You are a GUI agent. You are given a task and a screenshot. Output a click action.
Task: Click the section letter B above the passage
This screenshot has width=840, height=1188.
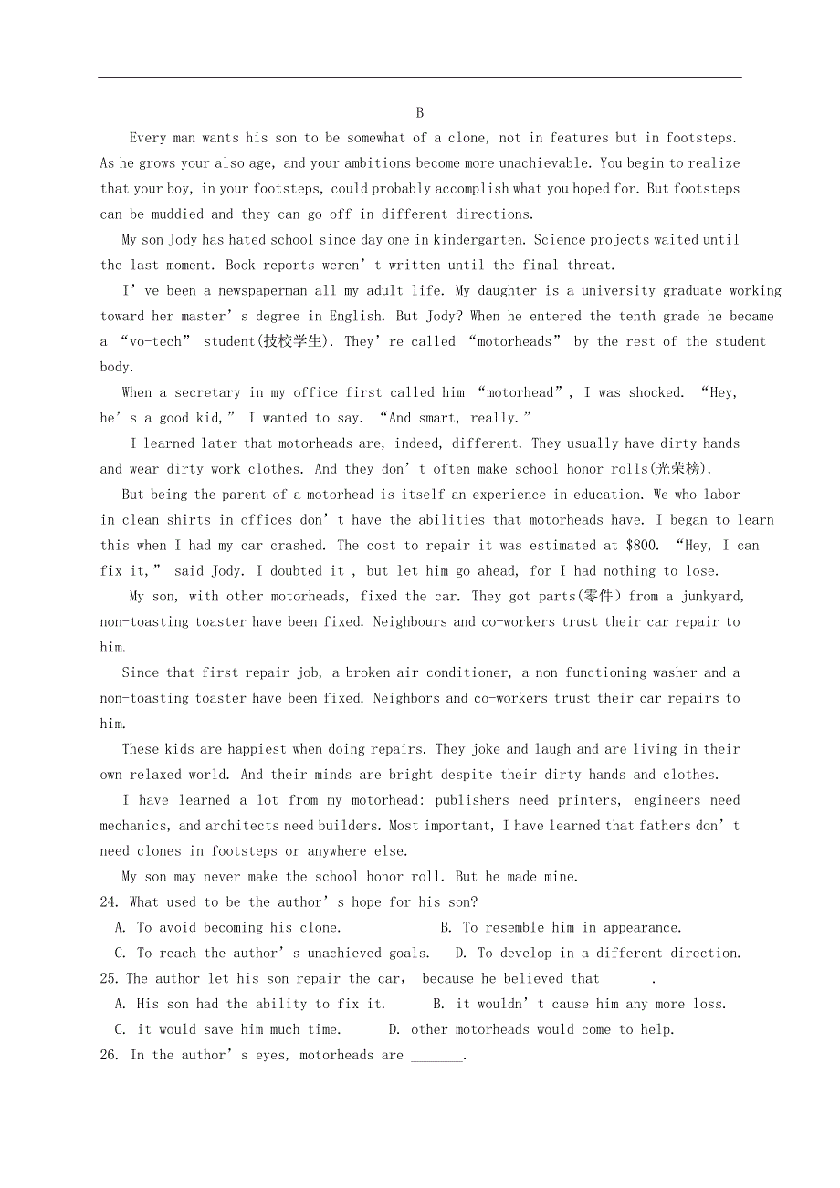[x=420, y=112]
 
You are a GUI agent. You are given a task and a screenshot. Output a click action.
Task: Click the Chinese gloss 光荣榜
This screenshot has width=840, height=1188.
[x=678, y=469]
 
